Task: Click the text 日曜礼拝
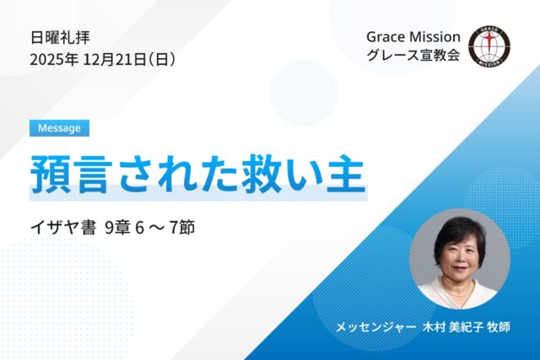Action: [x=60, y=37]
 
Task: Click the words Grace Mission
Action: [x=413, y=37]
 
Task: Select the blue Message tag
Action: [x=59, y=128]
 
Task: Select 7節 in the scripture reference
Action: [x=181, y=228]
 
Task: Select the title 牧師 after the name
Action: [x=500, y=326]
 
